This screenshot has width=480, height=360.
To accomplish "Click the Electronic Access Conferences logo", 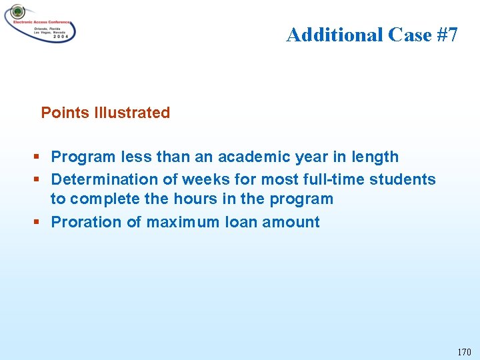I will point(40,23).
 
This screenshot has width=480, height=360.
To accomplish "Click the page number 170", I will point(464,352).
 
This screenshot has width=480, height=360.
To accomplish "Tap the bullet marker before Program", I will point(37,157).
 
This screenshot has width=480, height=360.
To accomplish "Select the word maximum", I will point(182,222).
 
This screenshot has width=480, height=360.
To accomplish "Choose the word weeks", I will point(195,179).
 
